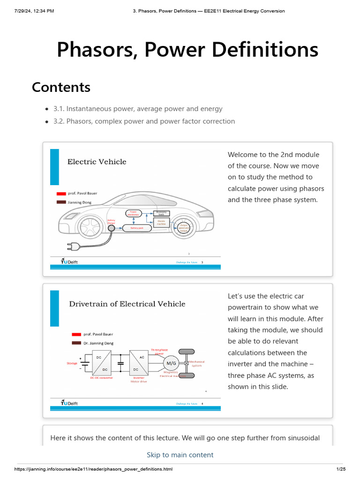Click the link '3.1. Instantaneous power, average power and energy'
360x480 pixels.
click(x=138, y=109)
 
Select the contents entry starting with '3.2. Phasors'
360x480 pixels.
click(x=144, y=121)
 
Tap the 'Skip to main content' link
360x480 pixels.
click(x=180, y=455)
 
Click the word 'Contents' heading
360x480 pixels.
click(x=61, y=87)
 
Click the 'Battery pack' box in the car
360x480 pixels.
click(x=137, y=228)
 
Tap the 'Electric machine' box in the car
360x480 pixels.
click(x=161, y=222)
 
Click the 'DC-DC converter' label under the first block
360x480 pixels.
click(x=102, y=377)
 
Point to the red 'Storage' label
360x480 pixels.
click(x=72, y=363)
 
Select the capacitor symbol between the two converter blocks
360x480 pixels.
click(x=120, y=363)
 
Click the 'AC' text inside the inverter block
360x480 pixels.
click(x=142, y=357)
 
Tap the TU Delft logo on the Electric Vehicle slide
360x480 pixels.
click(x=69, y=262)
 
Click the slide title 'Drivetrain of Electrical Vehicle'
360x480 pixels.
click(x=127, y=304)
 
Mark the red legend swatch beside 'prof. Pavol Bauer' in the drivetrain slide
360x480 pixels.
click(x=76, y=334)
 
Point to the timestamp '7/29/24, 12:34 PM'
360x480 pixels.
click(x=34, y=11)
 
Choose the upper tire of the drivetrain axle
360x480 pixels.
click(x=186, y=352)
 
